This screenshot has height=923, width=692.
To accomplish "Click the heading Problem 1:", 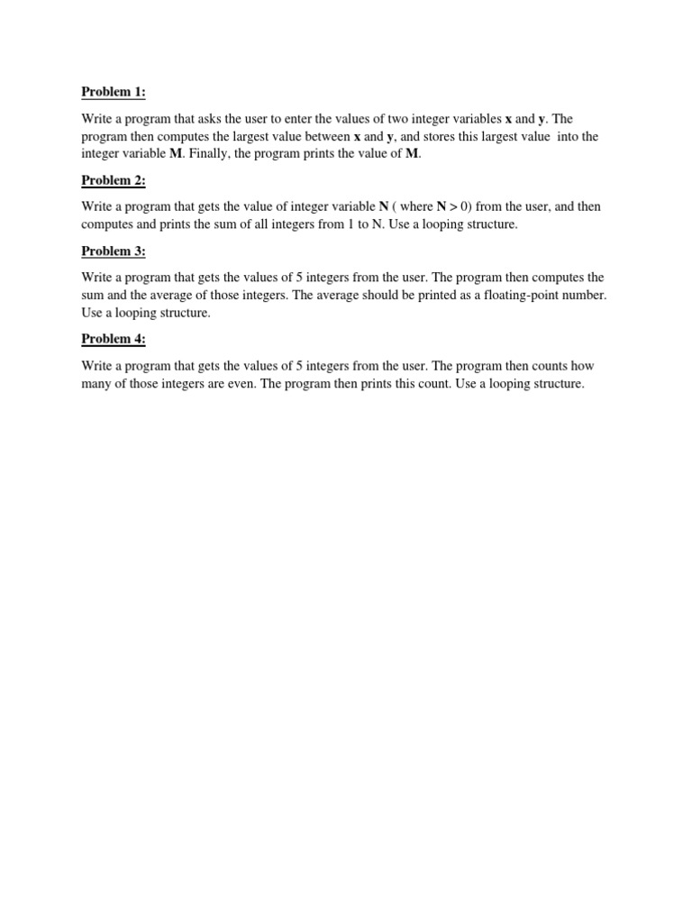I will (x=114, y=92).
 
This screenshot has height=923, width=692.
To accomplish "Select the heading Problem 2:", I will (x=114, y=180).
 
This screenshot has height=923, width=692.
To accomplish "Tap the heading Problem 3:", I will (x=114, y=251).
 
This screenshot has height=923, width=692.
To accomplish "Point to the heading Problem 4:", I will (x=114, y=339).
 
